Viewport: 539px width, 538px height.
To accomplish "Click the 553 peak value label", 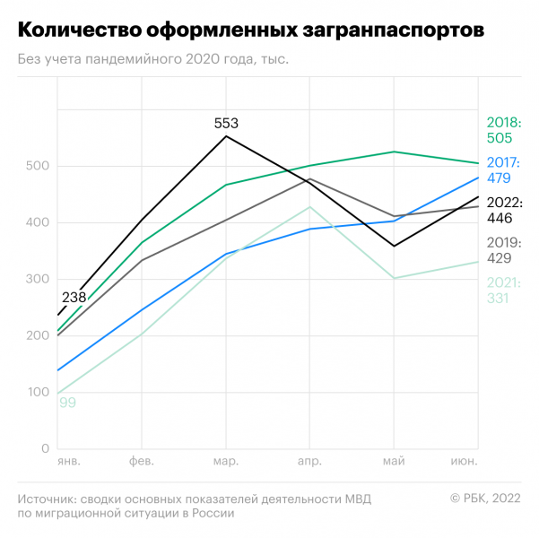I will tap(226, 123).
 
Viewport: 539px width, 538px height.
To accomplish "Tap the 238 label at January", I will tap(74, 297).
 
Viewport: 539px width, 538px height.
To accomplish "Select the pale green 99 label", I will tap(67, 403).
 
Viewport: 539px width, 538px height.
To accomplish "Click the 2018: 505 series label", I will tap(503, 130).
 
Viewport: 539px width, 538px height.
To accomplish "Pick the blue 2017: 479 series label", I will tap(503, 170).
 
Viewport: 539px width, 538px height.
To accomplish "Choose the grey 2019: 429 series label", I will tap(503, 250).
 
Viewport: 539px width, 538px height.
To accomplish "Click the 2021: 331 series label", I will tap(503, 291).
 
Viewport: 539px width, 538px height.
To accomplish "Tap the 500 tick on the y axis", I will tap(37, 167).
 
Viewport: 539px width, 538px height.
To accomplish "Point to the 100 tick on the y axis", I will tap(37, 393).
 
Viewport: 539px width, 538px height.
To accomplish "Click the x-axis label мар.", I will tap(226, 462).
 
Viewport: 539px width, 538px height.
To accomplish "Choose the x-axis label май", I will tap(393, 462).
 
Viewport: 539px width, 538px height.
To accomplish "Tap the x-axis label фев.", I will tap(142, 462).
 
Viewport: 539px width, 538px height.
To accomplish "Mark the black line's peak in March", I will tap(226, 136).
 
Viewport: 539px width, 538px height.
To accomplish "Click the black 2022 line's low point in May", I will tap(394, 246).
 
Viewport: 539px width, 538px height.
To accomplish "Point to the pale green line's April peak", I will tap(310, 207).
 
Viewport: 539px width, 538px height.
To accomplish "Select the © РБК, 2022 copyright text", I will tap(484, 498).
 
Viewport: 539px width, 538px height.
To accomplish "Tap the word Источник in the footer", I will tap(45, 498).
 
